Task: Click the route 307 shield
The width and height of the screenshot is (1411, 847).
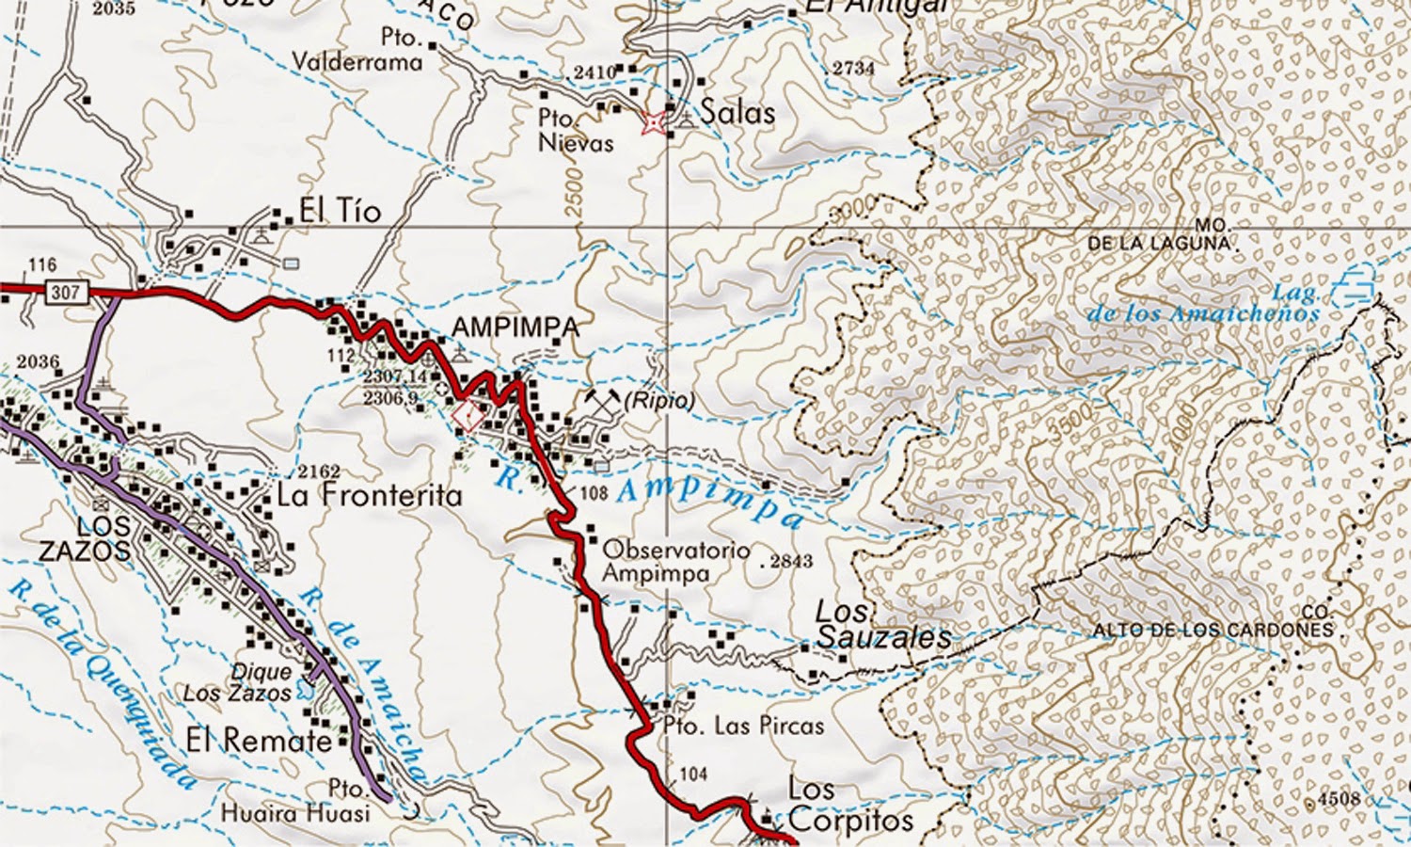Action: coord(65,292)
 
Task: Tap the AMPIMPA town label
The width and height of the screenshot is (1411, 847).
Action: coord(515,328)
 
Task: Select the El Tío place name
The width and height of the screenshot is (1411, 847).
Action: coord(340,211)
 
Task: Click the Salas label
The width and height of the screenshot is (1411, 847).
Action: coord(737,112)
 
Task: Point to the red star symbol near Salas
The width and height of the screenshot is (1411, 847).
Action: coord(651,122)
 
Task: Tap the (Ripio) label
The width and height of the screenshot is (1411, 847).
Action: coord(660,400)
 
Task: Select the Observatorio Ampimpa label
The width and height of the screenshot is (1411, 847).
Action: coord(675,561)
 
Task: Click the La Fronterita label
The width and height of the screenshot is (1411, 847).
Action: coord(369,496)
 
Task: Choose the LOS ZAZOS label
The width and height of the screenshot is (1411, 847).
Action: coord(84,538)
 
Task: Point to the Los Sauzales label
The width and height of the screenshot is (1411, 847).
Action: coord(882,625)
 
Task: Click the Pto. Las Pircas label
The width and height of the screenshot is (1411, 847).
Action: coord(743,726)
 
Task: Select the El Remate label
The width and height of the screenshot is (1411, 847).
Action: coord(259,741)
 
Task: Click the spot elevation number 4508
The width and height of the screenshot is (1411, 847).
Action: coord(1339,799)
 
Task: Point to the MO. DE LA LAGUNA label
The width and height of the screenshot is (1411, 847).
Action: coord(1164,234)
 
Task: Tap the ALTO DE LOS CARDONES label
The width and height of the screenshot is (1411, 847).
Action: coord(1213,629)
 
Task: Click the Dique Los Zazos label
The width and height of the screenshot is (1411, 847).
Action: coord(238,682)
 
